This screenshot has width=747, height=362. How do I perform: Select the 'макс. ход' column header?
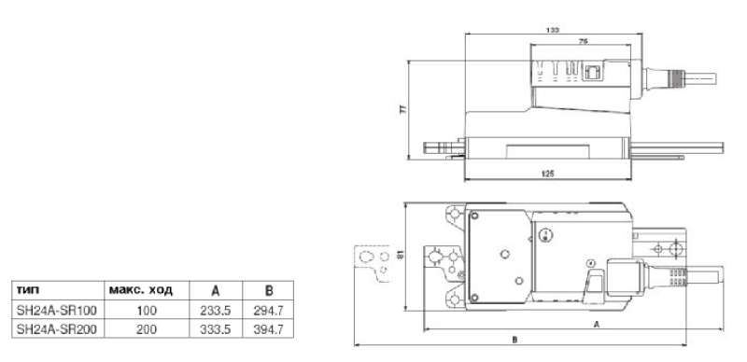(x=141, y=290)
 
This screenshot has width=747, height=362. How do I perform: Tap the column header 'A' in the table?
(x=216, y=291)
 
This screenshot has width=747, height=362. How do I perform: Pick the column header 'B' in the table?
(x=268, y=291)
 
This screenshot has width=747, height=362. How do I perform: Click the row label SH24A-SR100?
(x=57, y=311)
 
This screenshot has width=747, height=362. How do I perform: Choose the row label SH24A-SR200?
(x=57, y=329)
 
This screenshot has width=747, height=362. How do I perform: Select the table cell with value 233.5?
(x=216, y=311)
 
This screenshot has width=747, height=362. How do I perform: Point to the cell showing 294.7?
(x=268, y=311)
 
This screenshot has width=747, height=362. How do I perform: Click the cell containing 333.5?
(x=216, y=329)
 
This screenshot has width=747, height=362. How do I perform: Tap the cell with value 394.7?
(x=268, y=329)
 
